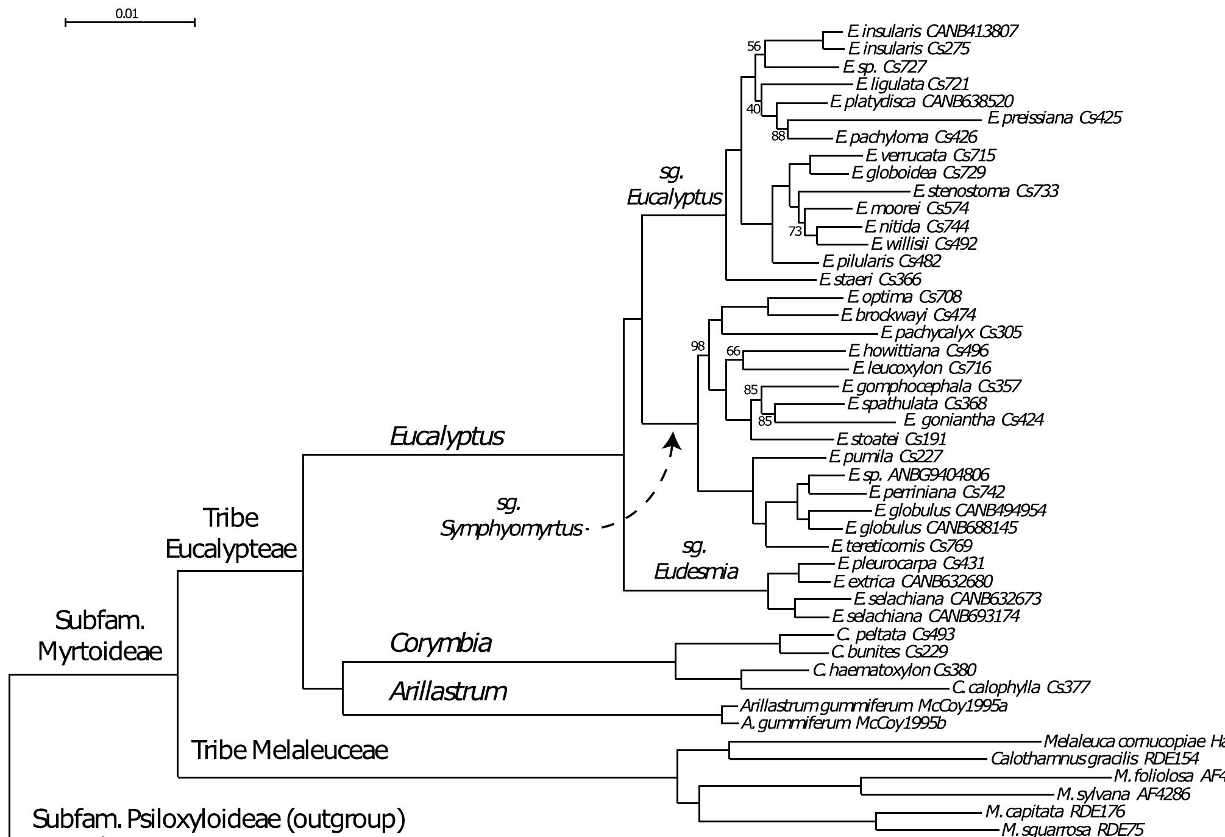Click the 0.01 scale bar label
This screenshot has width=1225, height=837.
[127, 13]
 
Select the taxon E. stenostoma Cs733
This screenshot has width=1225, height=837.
[986, 191]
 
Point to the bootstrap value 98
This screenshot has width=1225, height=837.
[698, 346]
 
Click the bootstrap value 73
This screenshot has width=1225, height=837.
[795, 231]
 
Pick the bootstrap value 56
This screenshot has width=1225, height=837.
[754, 46]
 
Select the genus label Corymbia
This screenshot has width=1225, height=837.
[441, 643]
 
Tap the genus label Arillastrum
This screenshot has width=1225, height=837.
[449, 691]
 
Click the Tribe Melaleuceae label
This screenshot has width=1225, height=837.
[289, 750]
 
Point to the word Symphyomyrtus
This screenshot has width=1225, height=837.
[511, 529]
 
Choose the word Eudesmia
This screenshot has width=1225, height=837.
[696, 571]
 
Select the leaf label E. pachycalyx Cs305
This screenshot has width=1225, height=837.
[951, 333]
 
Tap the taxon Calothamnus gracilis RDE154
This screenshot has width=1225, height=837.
[1095, 759]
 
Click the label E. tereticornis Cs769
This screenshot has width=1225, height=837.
[901, 546]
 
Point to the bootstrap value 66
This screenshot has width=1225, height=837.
[733, 351]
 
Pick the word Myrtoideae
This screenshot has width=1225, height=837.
[100, 652]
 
